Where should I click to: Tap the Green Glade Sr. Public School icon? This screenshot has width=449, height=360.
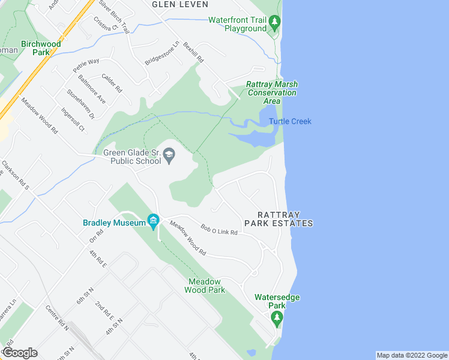(x=170, y=157)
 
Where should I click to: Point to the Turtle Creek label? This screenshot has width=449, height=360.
(x=290, y=122)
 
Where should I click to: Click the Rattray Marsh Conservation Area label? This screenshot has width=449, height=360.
(x=272, y=92)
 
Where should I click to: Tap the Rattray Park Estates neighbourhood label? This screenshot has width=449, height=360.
(x=285, y=219)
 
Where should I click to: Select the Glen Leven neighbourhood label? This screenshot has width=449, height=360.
(x=180, y=4)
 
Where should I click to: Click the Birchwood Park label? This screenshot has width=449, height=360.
(x=41, y=48)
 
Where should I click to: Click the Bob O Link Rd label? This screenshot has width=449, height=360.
(x=219, y=229)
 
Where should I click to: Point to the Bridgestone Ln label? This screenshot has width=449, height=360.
(x=162, y=53)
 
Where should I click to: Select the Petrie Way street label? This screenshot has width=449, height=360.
(x=86, y=65)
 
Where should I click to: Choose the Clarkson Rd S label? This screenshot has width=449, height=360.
(x=15, y=175)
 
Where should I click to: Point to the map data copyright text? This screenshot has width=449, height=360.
(x=411, y=355)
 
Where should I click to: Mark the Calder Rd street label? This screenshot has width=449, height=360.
(x=112, y=82)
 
